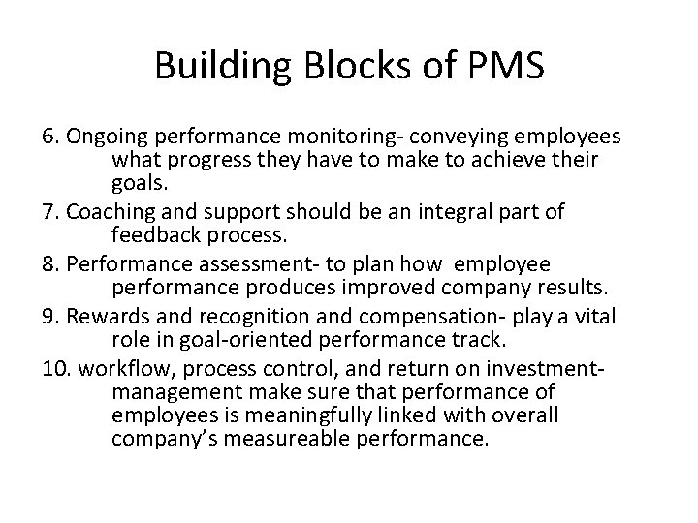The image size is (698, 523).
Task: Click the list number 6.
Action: coord(49,138)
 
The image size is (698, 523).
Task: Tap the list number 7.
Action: coord(49,212)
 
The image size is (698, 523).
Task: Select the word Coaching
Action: coord(104,212)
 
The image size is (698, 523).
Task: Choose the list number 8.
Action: coord(49,265)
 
